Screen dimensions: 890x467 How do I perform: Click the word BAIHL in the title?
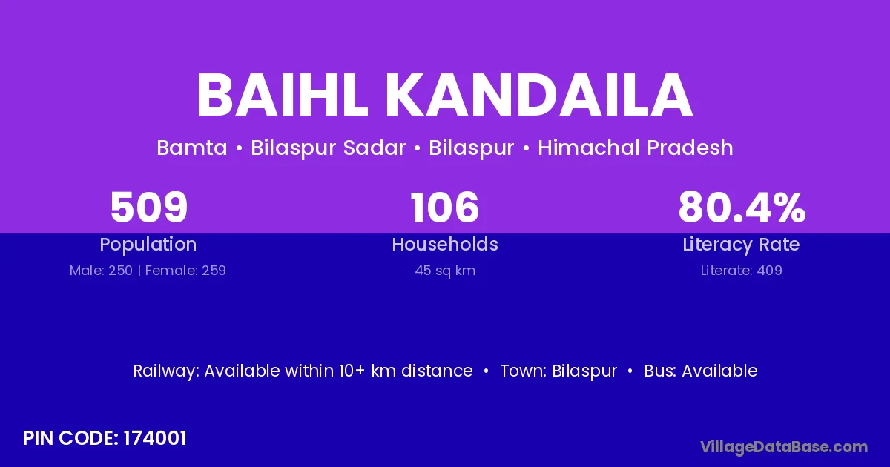282,96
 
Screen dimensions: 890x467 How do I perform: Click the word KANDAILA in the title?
539,96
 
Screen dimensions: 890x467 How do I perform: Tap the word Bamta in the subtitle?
192,148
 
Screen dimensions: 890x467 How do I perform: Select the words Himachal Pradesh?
636,148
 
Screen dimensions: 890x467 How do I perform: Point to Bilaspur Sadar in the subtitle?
328,148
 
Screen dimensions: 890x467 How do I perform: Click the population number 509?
148,207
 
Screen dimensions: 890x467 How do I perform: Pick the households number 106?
444,207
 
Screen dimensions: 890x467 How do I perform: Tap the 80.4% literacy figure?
742,207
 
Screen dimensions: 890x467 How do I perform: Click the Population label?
148,245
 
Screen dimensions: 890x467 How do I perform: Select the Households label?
445,244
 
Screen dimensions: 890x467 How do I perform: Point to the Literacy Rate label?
741,245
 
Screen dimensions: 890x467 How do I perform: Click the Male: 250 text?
101,271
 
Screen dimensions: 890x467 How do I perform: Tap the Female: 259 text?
185,271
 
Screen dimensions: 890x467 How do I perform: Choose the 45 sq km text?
445,271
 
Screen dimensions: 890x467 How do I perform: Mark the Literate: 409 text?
742,271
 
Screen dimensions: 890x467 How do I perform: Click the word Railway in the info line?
165,371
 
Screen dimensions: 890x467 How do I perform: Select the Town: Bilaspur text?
558,371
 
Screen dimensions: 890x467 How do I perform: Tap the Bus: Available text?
701,371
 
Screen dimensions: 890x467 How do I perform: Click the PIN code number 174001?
155,438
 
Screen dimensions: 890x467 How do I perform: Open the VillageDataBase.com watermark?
784,447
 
